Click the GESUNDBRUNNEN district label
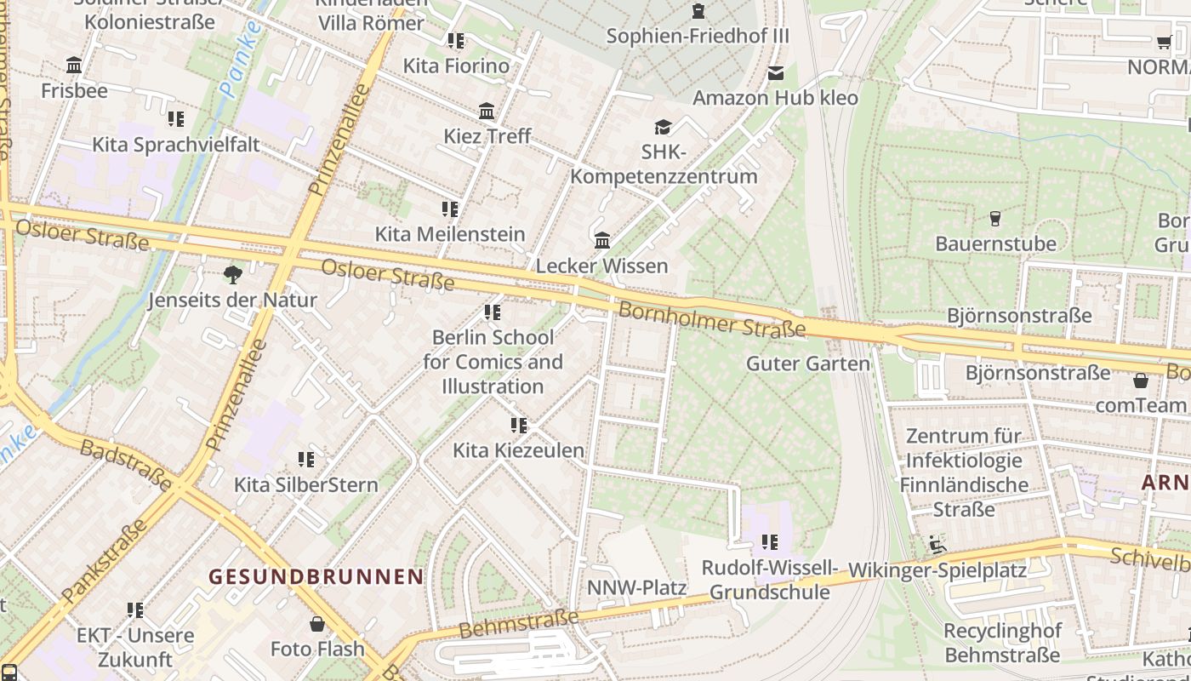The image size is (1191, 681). click(316, 576)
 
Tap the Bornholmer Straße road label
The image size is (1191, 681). click(711, 319)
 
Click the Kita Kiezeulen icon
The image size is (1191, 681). click(518, 425)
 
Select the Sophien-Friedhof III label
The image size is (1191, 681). click(698, 37)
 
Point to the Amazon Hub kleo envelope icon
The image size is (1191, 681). click(776, 73)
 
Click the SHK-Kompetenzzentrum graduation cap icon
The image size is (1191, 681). click(662, 128)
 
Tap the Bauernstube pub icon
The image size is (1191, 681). click(995, 219)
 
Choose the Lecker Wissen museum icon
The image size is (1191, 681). click(602, 241)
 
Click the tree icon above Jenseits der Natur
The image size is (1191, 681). click(232, 274)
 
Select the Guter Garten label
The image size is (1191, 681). click(807, 364)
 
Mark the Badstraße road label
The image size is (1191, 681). click(126, 463)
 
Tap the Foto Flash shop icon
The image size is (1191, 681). click(317, 624)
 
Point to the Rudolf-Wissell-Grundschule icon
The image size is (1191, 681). click(770, 541)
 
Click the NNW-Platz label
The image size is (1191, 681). click(636, 588)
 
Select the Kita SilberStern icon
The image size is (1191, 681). click(306, 460)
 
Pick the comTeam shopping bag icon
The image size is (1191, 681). click(1141, 380)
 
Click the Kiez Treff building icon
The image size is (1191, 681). click(487, 112)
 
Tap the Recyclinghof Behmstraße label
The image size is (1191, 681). click(1002, 643)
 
